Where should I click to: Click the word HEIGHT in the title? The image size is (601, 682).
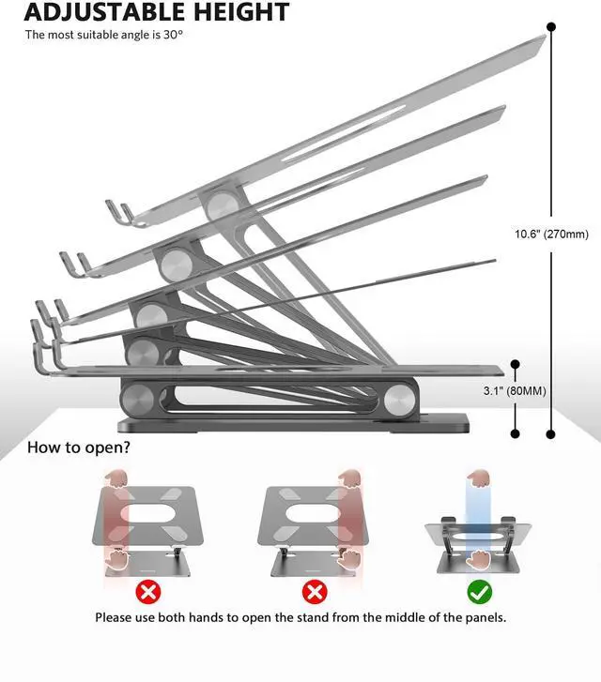pos(241,11)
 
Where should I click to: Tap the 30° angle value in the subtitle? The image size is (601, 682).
pos(174,35)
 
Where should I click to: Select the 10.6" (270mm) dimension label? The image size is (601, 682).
pos(551,234)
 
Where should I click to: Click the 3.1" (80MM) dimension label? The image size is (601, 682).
pos(515,390)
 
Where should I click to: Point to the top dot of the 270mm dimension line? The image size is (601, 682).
pos(551,27)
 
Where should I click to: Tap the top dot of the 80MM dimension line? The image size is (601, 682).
pos(515,364)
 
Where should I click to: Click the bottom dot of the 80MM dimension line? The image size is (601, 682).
pos(515,433)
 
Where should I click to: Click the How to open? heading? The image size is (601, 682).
pos(78,447)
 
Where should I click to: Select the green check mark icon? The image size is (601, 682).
pos(480,592)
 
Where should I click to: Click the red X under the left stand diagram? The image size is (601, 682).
pos(148,592)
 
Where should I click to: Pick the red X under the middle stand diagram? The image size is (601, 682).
pos(315,592)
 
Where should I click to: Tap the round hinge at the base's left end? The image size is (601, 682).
pos(137,399)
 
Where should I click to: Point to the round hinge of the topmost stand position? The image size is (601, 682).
pos(222,206)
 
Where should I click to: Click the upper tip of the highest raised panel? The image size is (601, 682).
pos(546,36)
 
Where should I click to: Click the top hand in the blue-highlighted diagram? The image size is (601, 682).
pos(479,478)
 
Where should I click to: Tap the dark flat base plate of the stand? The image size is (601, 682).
pos(293,423)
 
